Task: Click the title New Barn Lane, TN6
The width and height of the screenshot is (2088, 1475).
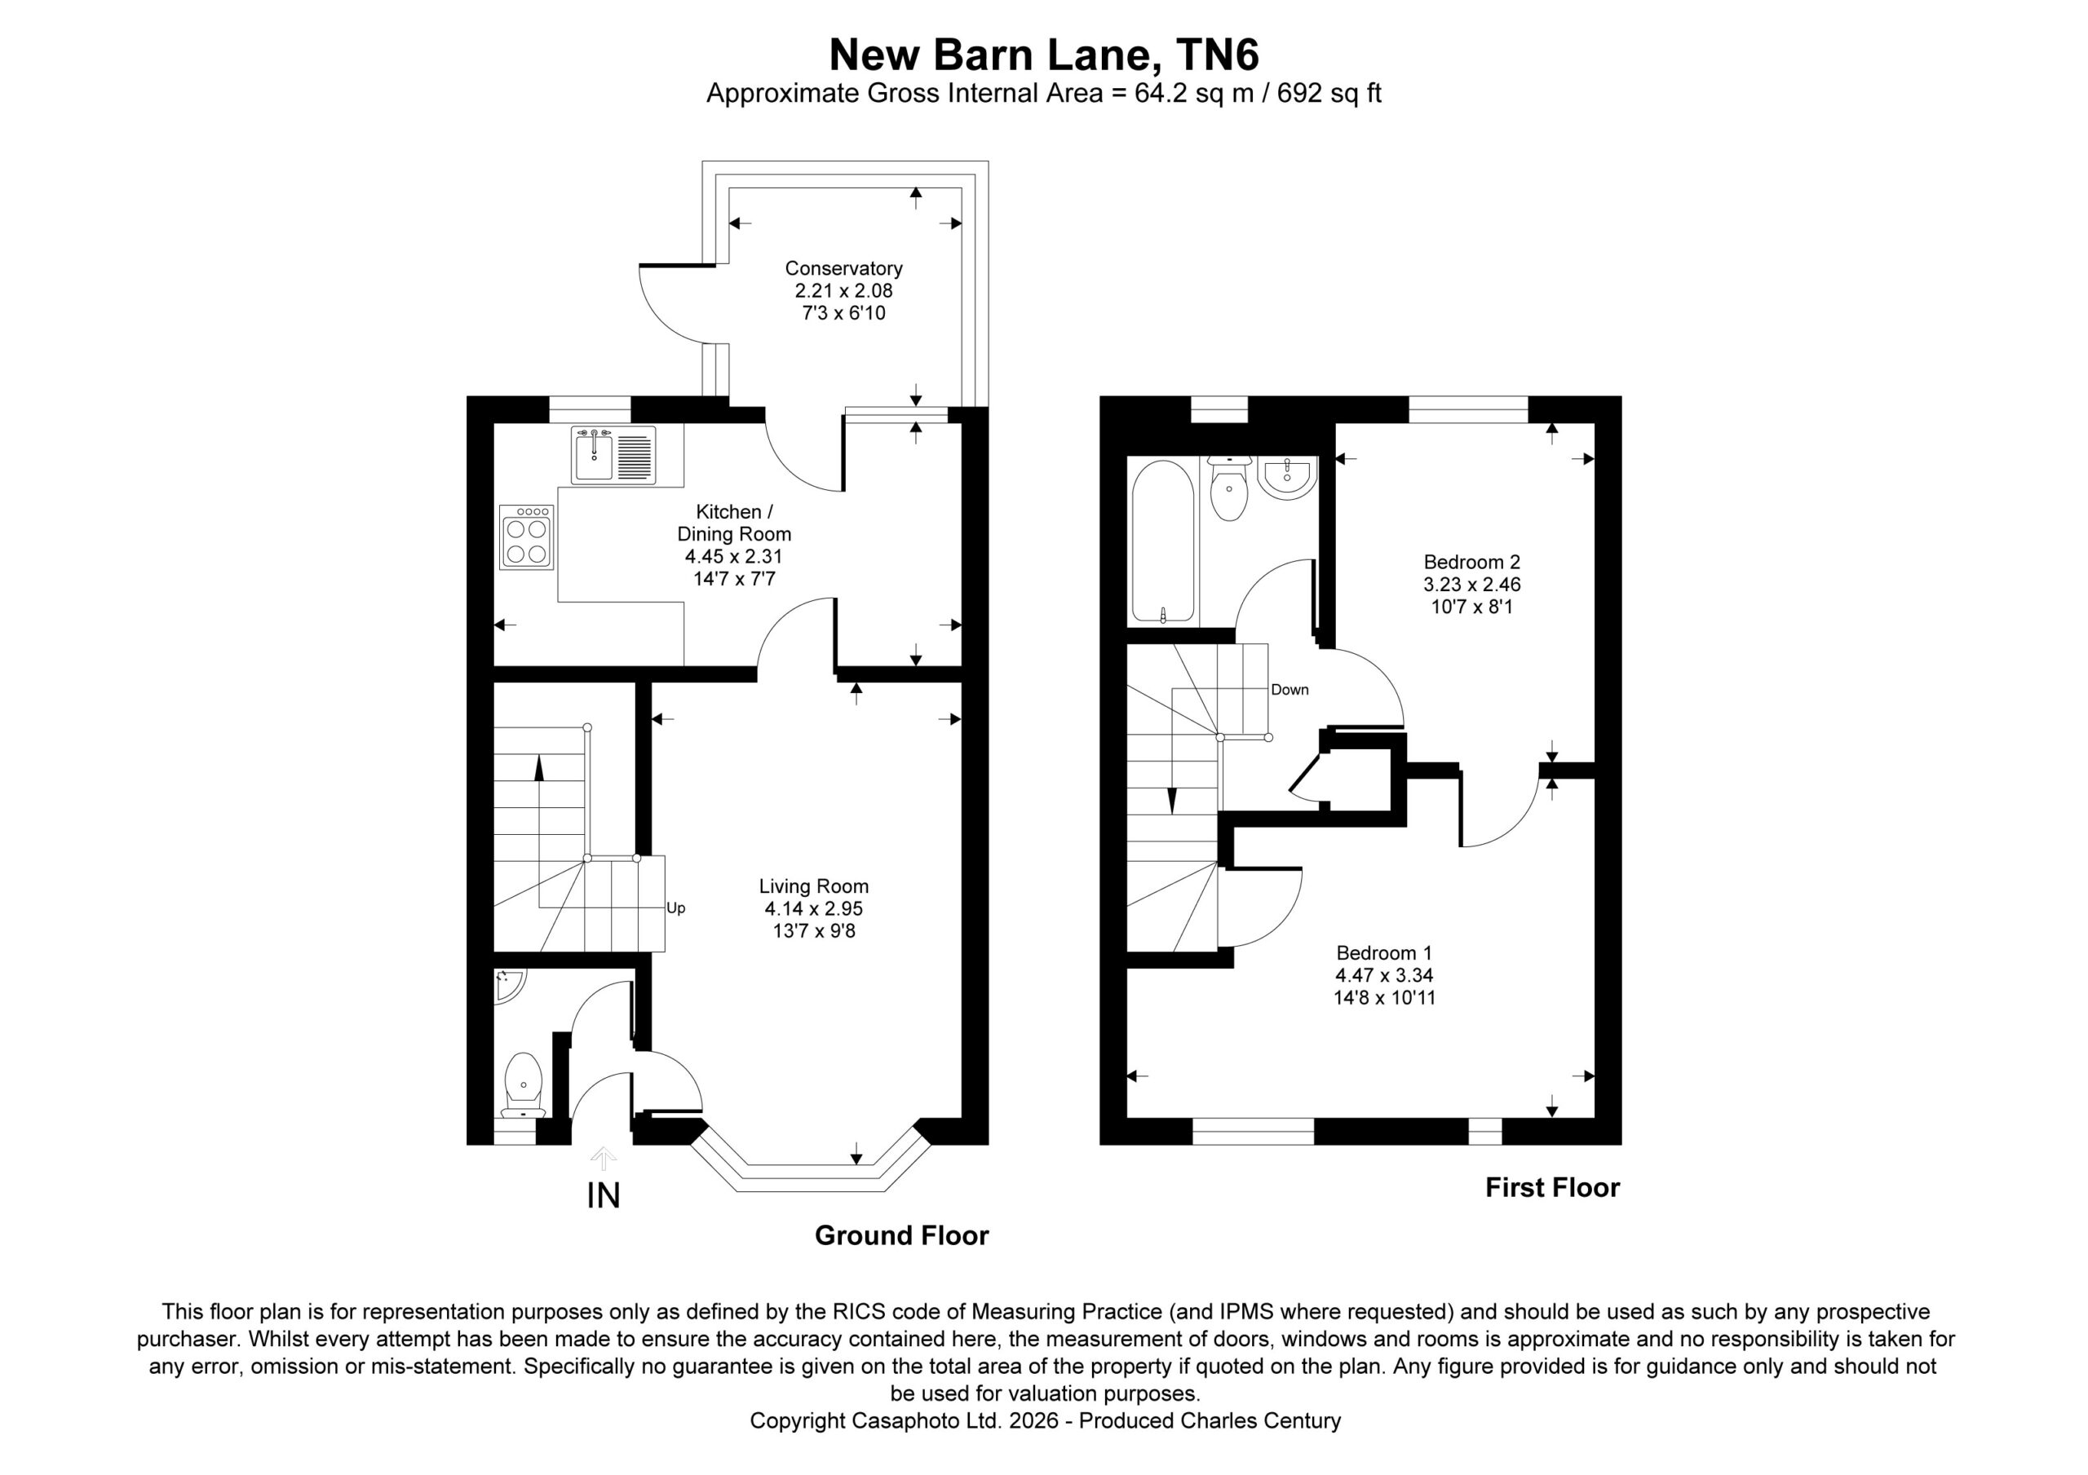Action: (1043, 55)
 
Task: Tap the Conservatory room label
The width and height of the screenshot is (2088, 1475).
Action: (843, 268)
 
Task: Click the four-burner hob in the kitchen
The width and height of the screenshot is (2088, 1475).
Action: (525, 537)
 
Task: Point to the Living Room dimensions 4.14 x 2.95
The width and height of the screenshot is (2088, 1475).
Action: (813, 908)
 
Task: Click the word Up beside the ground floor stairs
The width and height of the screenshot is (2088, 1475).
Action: (675, 908)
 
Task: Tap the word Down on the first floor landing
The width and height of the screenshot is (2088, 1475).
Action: (1290, 689)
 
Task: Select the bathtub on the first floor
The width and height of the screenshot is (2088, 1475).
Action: (1162, 542)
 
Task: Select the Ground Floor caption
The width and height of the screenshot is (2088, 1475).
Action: (901, 1235)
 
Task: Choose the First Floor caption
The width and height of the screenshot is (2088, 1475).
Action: (1552, 1188)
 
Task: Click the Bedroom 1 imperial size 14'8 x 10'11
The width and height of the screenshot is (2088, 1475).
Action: (1384, 997)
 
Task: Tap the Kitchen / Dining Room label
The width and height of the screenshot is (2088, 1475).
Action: (734, 523)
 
